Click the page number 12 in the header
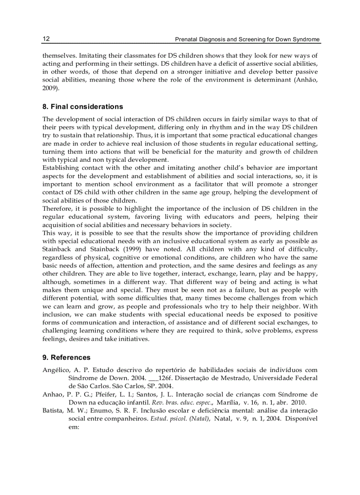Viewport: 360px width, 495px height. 46,39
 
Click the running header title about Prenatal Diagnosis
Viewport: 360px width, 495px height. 247,39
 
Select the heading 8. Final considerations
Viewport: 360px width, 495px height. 82,107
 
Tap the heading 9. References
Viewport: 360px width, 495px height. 66,357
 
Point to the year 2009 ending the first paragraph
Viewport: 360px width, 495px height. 50,88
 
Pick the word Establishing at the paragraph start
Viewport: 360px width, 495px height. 60,168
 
